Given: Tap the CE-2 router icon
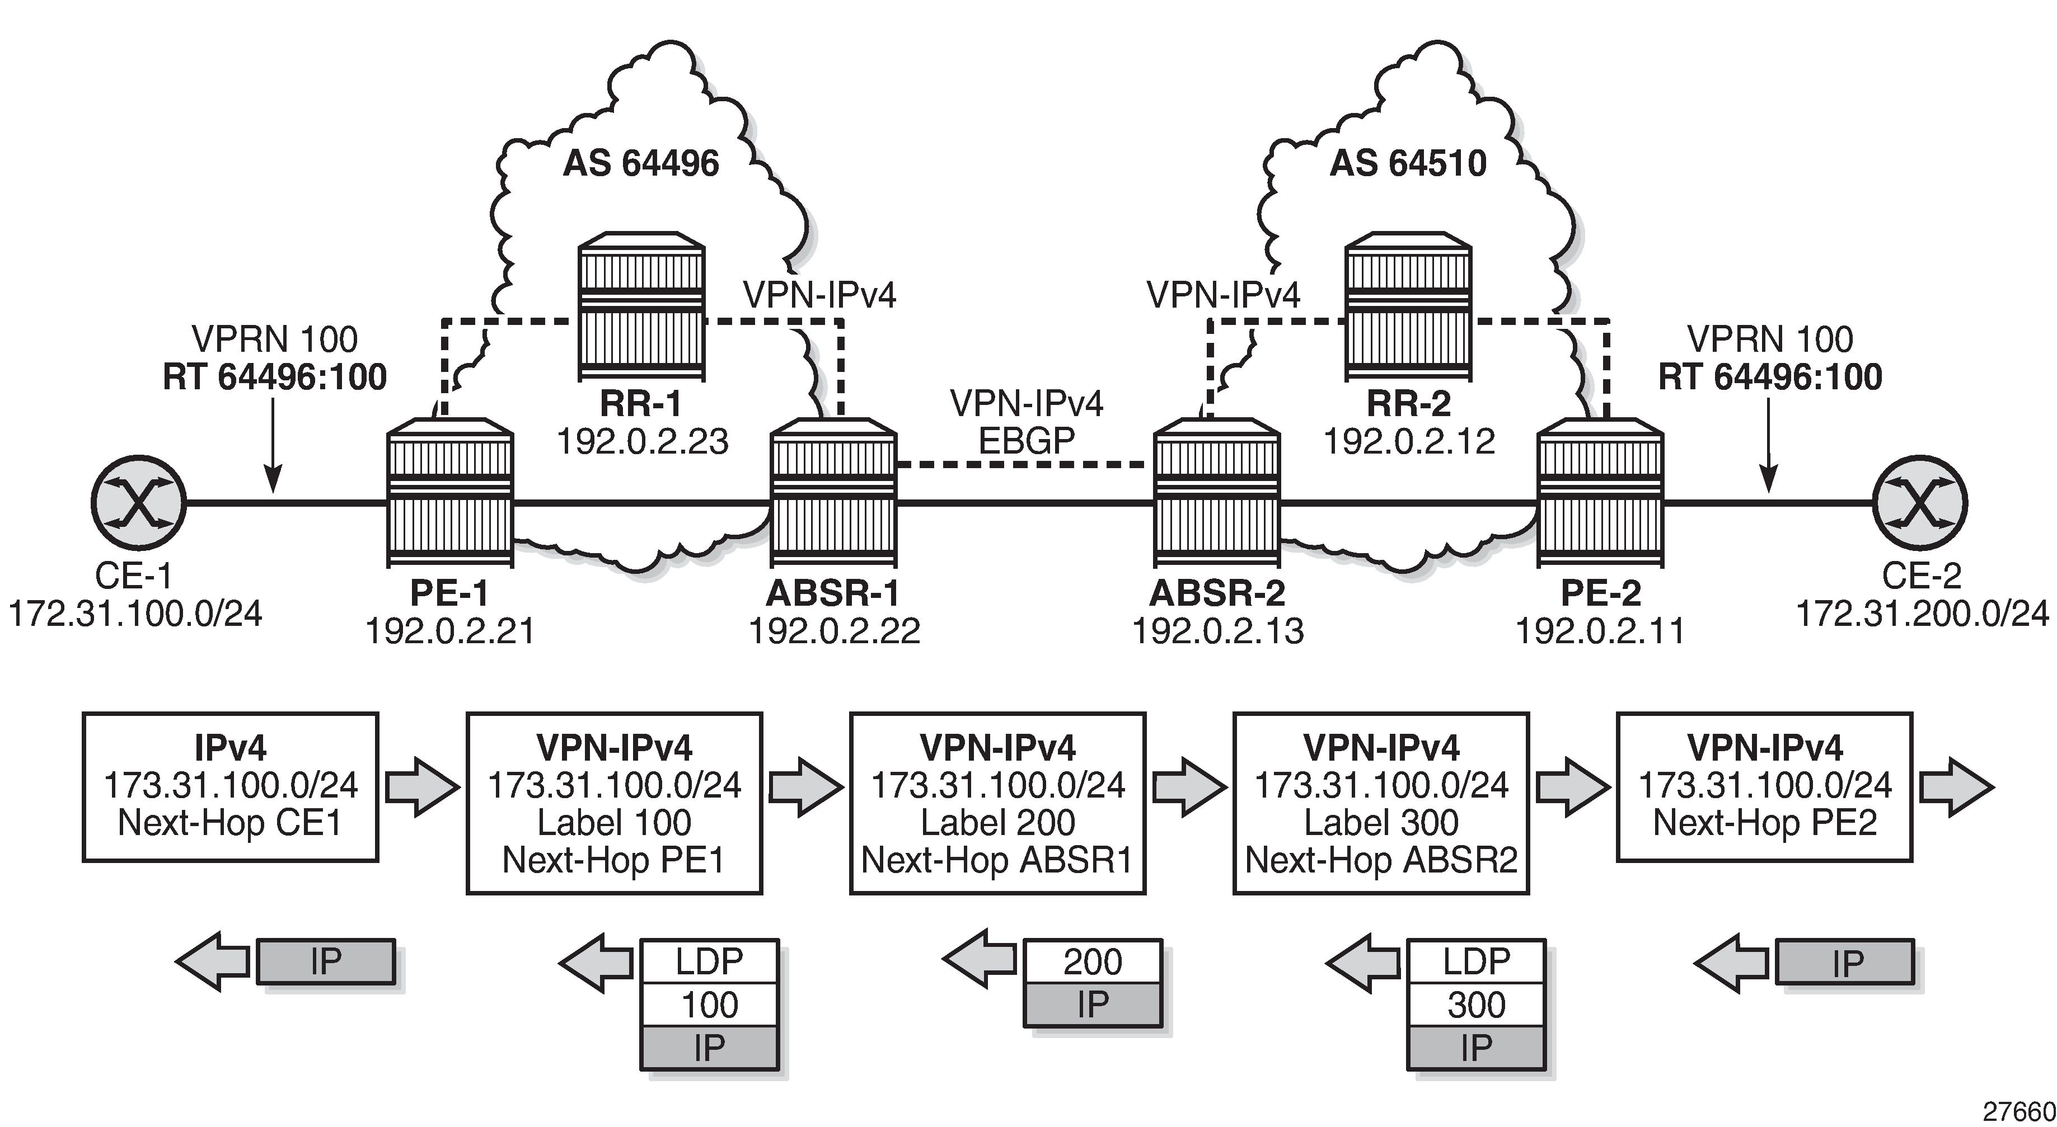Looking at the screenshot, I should (1920, 503).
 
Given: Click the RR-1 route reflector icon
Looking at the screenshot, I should (642, 306).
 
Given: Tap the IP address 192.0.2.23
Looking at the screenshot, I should (642, 441).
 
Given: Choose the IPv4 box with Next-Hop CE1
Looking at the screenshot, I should (230, 787).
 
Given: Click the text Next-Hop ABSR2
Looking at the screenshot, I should (1381, 860).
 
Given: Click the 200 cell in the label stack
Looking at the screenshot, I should (1093, 963).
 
